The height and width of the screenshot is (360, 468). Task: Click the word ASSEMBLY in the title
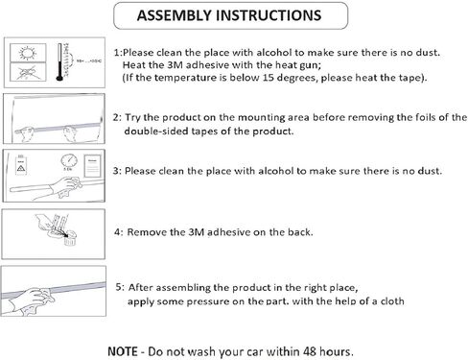coord(175,15)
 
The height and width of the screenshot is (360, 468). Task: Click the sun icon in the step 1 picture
coord(28,52)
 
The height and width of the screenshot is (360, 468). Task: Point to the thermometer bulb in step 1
coord(59,78)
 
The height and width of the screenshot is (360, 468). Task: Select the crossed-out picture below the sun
coord(28,72)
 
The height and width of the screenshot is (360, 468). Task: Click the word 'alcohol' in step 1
coord(274,53)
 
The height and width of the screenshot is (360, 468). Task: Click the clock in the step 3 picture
coord(69,161)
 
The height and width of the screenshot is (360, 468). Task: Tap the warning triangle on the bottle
coord(21,168)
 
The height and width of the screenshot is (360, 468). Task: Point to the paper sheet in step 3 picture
coord(92,165)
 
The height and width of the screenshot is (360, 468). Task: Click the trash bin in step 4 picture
coord(70,239)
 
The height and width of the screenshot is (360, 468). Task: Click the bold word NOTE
coord(123,351)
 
